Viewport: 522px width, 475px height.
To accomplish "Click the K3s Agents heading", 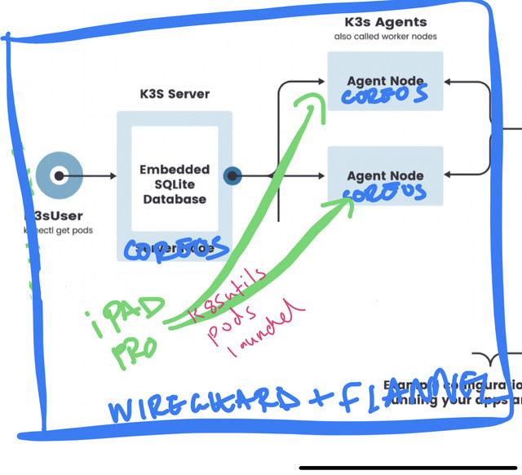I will tap(385, 22).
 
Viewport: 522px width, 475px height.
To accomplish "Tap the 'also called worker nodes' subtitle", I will tap(385, 37).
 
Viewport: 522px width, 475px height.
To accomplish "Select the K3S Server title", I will tap(174, 94).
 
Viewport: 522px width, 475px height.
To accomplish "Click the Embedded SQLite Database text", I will tap(174, 184).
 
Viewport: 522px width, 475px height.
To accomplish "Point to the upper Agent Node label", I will tap(385, 81).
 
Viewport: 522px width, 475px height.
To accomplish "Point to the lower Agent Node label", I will tap(385, 175).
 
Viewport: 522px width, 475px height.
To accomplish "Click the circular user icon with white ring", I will tap(59, 175).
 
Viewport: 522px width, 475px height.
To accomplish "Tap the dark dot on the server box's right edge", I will tap(233, 175).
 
